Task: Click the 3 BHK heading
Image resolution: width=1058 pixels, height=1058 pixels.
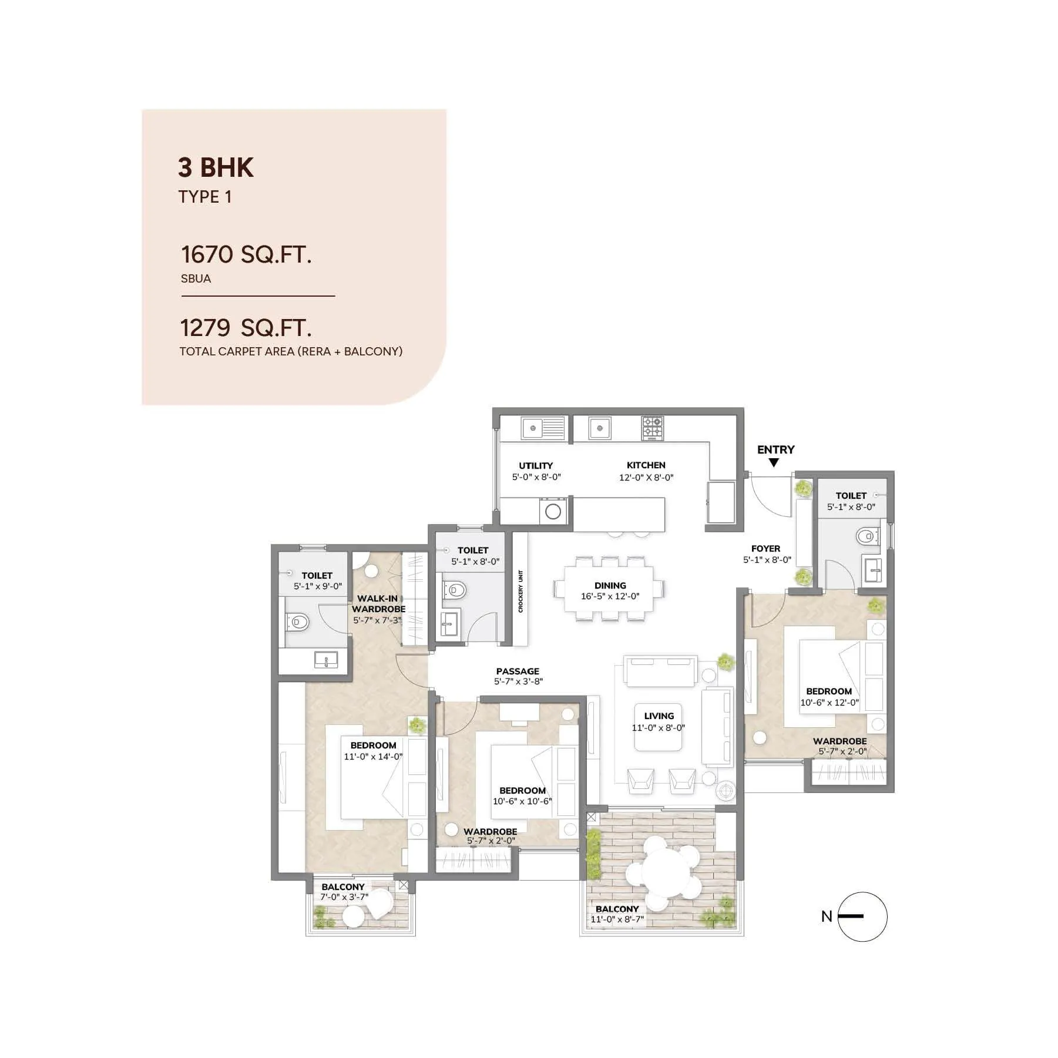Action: point(216,167)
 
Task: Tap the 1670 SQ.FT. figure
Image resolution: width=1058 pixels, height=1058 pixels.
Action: point(246,254)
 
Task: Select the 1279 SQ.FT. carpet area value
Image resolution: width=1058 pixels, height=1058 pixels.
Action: point(246,328)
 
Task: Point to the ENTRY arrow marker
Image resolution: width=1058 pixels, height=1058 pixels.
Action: point(774,463)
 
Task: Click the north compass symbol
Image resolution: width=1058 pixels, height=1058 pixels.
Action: point(861,916)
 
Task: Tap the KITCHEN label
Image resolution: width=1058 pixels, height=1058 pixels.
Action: point(646,465)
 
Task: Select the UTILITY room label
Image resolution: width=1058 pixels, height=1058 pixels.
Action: point(535,465)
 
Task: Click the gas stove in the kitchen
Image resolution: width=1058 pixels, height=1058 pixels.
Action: point(652,428)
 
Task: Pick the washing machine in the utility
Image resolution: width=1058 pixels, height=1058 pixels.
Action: point(553,510)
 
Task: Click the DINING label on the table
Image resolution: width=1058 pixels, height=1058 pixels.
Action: point(610,585)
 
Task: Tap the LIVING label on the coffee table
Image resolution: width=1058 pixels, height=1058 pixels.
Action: point(659,716)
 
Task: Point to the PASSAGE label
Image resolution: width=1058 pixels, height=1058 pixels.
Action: point(517,671)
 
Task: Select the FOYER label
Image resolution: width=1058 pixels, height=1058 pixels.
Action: point(765,548)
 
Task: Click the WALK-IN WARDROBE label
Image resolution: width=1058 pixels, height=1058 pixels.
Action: point(378,603)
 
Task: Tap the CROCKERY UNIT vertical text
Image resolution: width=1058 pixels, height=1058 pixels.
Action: point(520,591)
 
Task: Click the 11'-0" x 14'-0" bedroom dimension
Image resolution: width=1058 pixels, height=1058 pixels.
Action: point(373,757)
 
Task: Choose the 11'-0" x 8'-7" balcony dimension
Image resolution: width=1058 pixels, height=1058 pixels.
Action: point(617,919)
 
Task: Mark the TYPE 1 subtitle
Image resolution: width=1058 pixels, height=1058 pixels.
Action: point(205,197)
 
